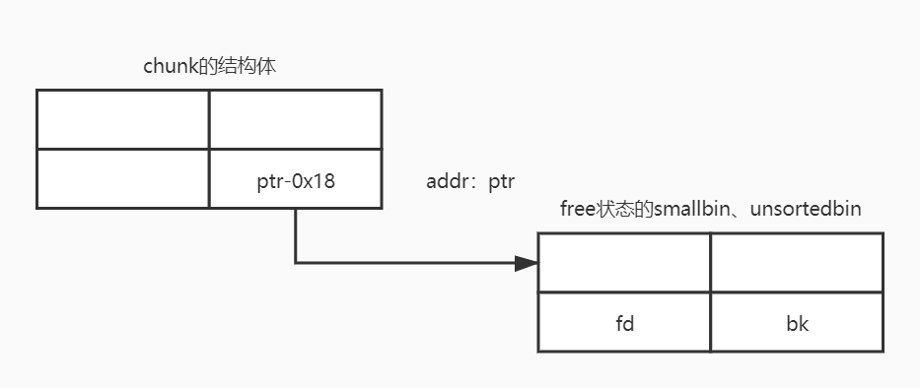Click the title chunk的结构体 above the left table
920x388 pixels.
point(215,67)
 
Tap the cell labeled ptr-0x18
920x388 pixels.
point(295,180)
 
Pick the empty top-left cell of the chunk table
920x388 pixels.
point(123,119)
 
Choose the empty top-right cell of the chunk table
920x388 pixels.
point(295,119)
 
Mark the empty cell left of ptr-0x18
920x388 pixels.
point(123,178)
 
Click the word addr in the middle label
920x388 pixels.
point(447,182)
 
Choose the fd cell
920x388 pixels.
point(624,322)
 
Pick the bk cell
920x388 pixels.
point(797,322)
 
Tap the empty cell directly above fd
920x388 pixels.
point(624,263)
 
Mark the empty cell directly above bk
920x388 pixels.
point(797,263)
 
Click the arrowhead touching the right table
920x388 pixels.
point(528,263)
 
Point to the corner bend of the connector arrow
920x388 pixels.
point(296,263)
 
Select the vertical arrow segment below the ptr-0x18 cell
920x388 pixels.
point(296,234)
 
